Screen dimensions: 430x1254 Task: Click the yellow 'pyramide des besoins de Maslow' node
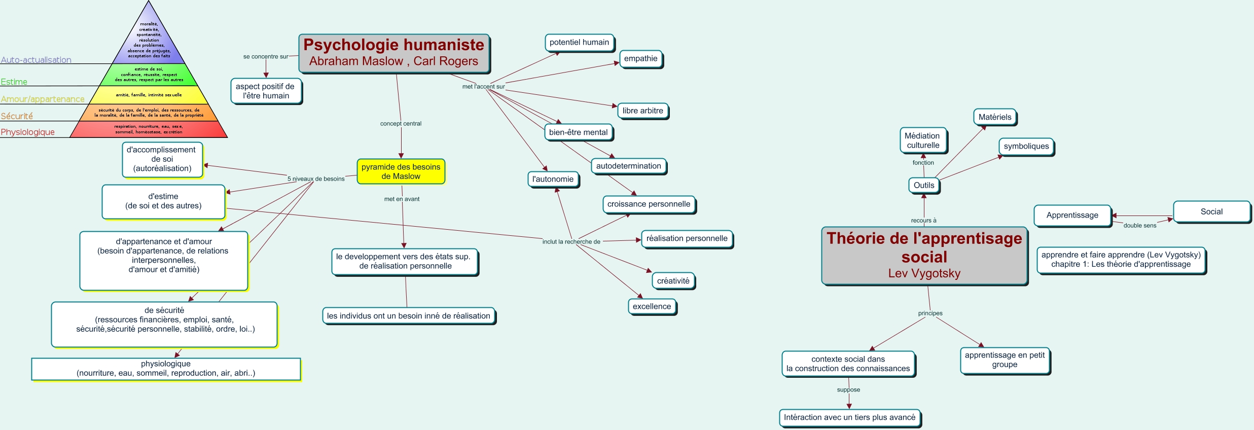click(401, 171)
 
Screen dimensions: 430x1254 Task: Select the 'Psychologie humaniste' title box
click(393, 53)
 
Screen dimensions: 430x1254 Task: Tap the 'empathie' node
click(640, 59)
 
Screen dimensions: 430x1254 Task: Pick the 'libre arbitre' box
click(642, 111)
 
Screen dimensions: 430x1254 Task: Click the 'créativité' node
click(673, 280)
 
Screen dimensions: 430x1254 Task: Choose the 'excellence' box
click(652, 306)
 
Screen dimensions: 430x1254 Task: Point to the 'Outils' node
click(923, 185)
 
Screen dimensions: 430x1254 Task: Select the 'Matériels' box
click(994, 117)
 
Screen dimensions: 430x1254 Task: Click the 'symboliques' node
click(1026, 147)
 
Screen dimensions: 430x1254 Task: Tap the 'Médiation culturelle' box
click(923, 140)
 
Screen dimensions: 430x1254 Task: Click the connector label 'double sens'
click(1139, 225)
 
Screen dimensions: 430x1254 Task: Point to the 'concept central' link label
click(401, 123)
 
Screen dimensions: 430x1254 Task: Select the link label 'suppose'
click(848, 389)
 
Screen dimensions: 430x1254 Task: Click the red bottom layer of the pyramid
click(149, 129)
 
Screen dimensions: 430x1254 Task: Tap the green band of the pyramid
click(149, 75)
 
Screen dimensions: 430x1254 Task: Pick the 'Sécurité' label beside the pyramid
click(17, 116)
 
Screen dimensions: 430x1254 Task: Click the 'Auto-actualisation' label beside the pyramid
click(36, 60)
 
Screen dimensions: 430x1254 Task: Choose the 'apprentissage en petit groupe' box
click(1005, 360)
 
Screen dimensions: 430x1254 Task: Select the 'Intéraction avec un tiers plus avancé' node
click(849, 417)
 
